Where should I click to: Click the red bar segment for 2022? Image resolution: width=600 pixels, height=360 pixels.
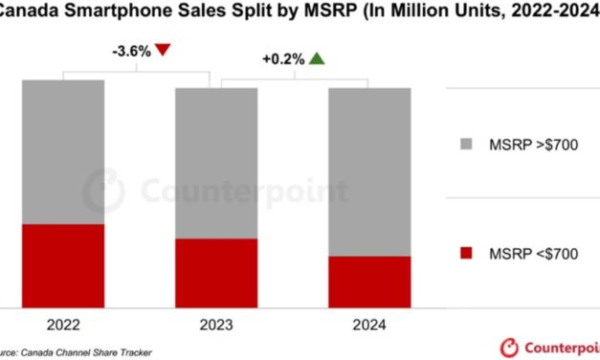click(62, 265)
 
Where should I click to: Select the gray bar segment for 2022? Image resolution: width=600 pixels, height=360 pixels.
click(62, 151)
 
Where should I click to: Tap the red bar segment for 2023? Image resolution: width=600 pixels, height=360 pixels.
click(215, 273)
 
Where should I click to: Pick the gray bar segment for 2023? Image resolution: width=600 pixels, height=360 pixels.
click(215, 163)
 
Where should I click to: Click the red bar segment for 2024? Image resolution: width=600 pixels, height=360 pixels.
click(369, 281)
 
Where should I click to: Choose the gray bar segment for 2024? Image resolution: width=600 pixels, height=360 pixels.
click(369, 171)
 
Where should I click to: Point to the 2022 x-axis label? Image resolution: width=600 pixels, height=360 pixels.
click(62, 326)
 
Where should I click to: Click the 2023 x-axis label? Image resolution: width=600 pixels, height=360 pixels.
click(215, 326)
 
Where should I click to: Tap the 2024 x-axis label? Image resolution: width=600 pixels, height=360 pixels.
click(369, 326)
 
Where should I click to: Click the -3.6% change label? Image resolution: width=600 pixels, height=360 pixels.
click(130, 51)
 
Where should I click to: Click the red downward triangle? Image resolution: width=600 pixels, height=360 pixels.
click(164, 51)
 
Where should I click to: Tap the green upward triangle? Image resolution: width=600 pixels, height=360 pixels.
click(317, 58)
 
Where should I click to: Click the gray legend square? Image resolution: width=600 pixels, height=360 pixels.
click(466, 144)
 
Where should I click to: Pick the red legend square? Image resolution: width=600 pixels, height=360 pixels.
click(466, 253)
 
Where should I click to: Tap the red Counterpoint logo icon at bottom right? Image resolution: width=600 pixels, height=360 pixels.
click(509, 346)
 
